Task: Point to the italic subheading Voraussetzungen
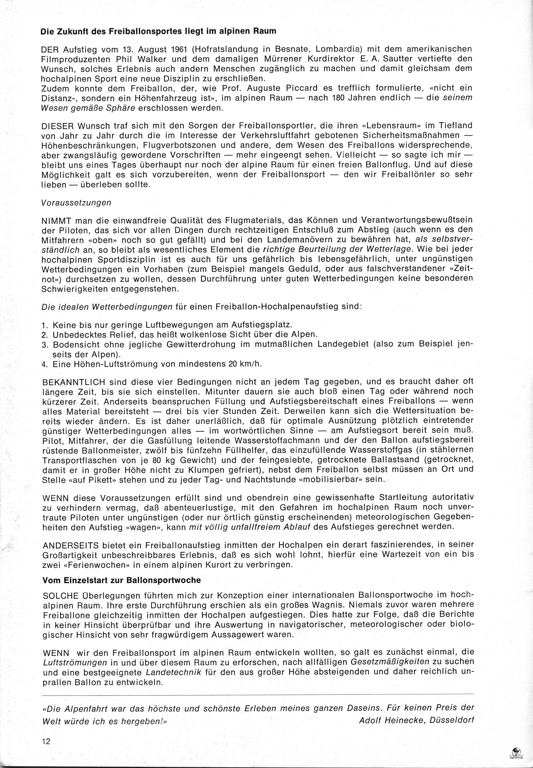pos(76,203)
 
